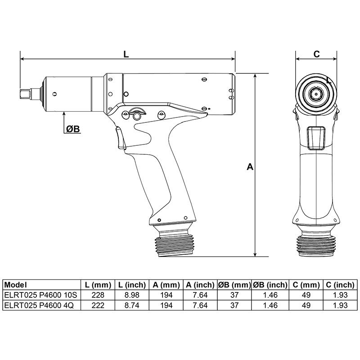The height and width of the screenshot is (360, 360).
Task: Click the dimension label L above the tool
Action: tap(126, 54)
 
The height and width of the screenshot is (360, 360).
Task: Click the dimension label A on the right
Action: tap(250, 167)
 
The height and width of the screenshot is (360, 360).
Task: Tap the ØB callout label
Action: tap(72, 129)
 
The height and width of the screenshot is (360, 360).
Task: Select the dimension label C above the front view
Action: tap(316, 54)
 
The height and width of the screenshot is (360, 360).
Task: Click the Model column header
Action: tap(16, 285)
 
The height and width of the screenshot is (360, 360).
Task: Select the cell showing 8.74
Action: tap(132, 305)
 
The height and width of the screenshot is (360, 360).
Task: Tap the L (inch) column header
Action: tap(132, 285)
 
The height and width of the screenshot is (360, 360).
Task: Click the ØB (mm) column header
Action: tap(234, 285)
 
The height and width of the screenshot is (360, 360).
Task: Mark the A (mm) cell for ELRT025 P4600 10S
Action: tap(165, 295)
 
